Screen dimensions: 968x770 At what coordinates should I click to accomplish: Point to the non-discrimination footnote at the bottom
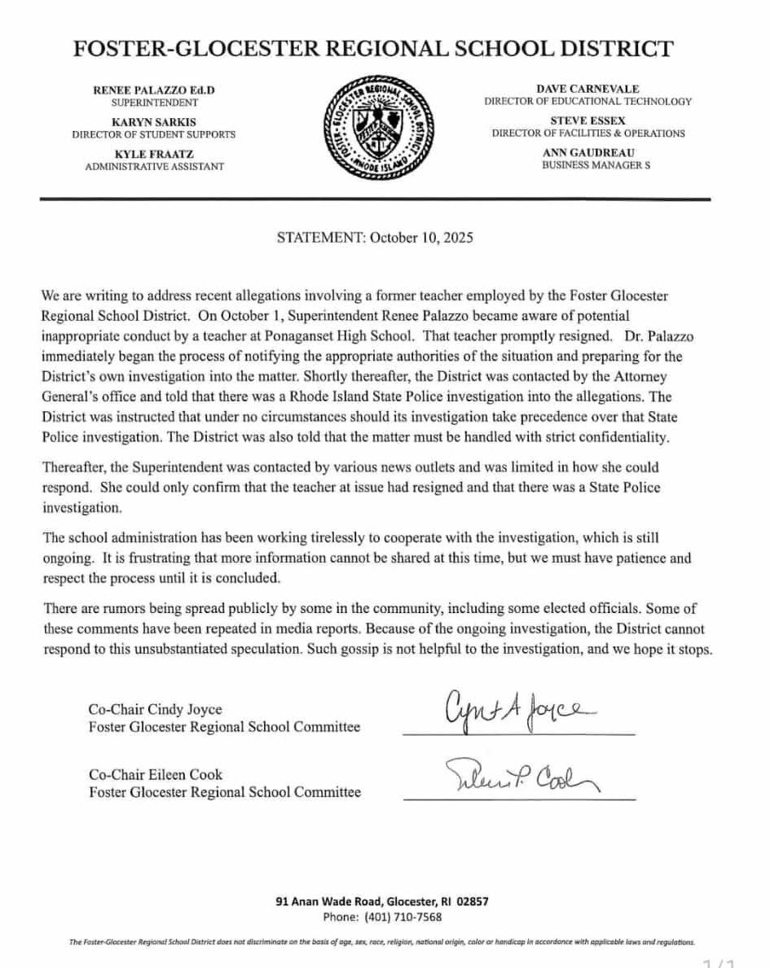pyautogui.click(x=384, y=941)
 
